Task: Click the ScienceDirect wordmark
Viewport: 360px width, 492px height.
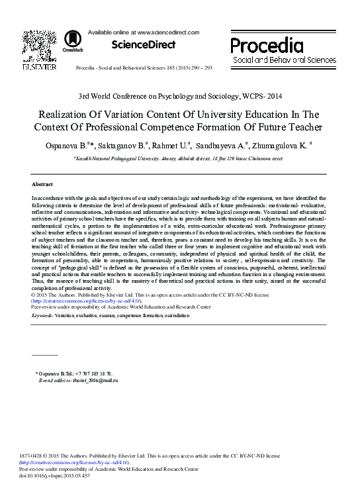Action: (x=144, y=45)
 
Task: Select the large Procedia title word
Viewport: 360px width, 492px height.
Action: (x=267, y=45)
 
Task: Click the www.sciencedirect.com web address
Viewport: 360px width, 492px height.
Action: (x=168, y=31)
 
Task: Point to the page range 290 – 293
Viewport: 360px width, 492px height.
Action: (x=199, y=68)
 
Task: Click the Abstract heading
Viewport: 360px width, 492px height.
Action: (x=42, y=183)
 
